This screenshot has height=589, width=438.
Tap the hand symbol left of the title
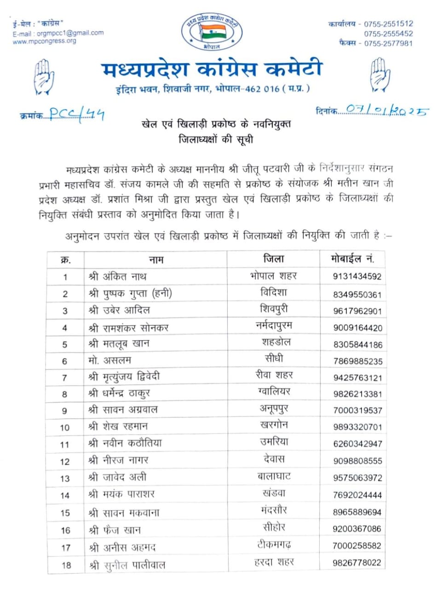44,76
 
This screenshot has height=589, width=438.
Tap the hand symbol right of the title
380,75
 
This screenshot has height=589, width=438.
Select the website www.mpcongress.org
45,41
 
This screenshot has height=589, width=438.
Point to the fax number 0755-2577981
388,43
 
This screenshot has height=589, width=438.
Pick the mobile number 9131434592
357,277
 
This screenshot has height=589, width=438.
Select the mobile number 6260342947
357,444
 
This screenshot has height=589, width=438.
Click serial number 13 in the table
65,479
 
